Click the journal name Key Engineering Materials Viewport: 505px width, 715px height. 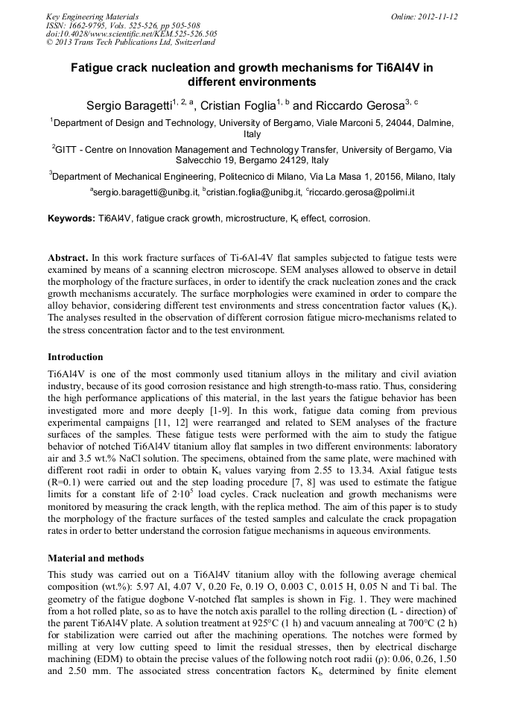(92, 16)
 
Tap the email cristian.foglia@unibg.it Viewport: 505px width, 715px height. (250, 192)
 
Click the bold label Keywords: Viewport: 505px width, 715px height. (72, 218)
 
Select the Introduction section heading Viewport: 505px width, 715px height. (75, 357)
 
